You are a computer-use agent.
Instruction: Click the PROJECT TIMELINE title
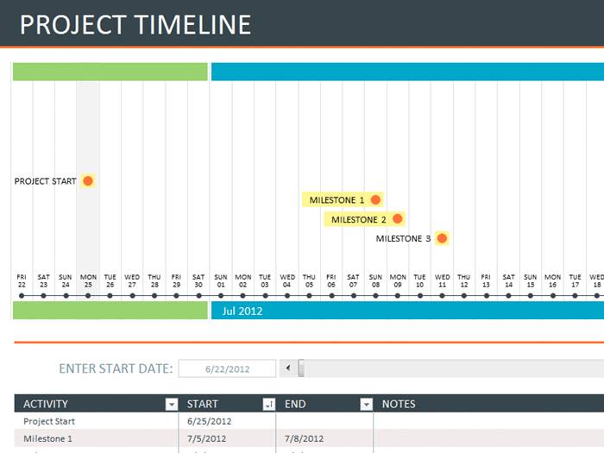coord(135,24)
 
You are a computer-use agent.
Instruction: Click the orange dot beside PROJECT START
coord(88,181)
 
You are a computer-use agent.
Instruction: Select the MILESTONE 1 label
coord(337,200)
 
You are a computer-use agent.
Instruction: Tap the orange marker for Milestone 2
coord(397,219)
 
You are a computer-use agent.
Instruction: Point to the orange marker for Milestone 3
coord(442,238)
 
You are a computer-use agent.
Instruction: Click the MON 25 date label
coord(88,281)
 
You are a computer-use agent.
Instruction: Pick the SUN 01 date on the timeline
coord(220,281)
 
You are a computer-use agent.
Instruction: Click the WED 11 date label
coord(442,281)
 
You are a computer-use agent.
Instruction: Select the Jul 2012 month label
coord(242,311)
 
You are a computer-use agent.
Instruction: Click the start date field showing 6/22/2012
coord(227,369)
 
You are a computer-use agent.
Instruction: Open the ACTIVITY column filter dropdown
coord(171,404)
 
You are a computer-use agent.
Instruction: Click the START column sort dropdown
coord(268,404)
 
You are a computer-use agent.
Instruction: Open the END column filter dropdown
coord(366,404)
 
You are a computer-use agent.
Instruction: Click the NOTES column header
coord(399,404)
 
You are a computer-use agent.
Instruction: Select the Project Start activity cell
coord(49,422)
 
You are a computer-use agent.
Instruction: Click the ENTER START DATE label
coord(116,369)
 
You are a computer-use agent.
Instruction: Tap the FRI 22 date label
coord(22,281)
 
